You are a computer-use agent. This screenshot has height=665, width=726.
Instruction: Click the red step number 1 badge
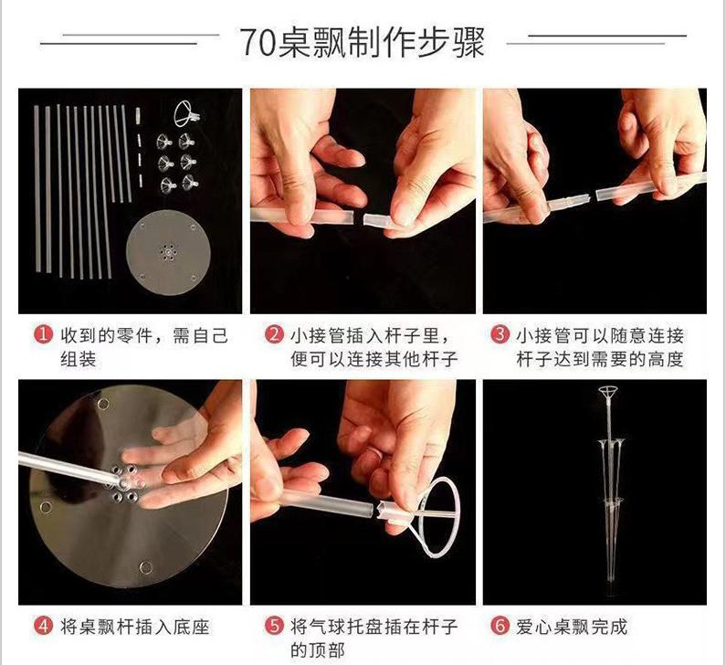tap(43, 334)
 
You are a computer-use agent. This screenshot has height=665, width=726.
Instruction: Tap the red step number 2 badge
tap(274, 334)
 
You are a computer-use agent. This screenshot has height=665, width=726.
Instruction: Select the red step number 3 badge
tap(500, 334)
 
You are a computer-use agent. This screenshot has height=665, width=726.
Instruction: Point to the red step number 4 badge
tap(43, 626)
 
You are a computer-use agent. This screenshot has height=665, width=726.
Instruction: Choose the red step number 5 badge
tap(274, 626)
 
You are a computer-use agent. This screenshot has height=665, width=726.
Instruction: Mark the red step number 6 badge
tap(500, 626)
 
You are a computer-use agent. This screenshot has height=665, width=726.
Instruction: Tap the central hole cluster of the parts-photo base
tap(166, 252)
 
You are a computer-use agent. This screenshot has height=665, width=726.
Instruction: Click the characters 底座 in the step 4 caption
tap(192, 627)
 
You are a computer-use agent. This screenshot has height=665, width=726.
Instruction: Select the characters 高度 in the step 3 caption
tap(666, 359)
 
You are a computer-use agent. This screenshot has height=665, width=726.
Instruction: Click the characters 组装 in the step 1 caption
tap(79, 359)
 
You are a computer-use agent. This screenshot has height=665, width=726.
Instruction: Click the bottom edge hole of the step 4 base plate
tap(146, 567)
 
